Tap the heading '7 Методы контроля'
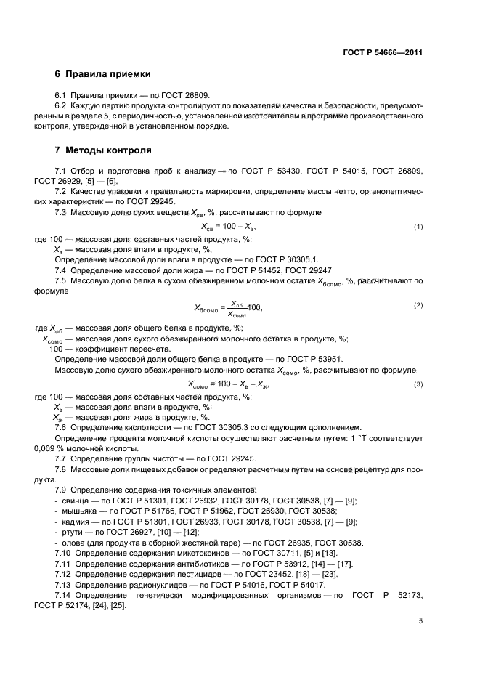(103, 150)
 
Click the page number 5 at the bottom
(420, 621)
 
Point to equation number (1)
(418, 227)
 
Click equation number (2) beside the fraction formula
(418, 305)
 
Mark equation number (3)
(418, 384)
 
